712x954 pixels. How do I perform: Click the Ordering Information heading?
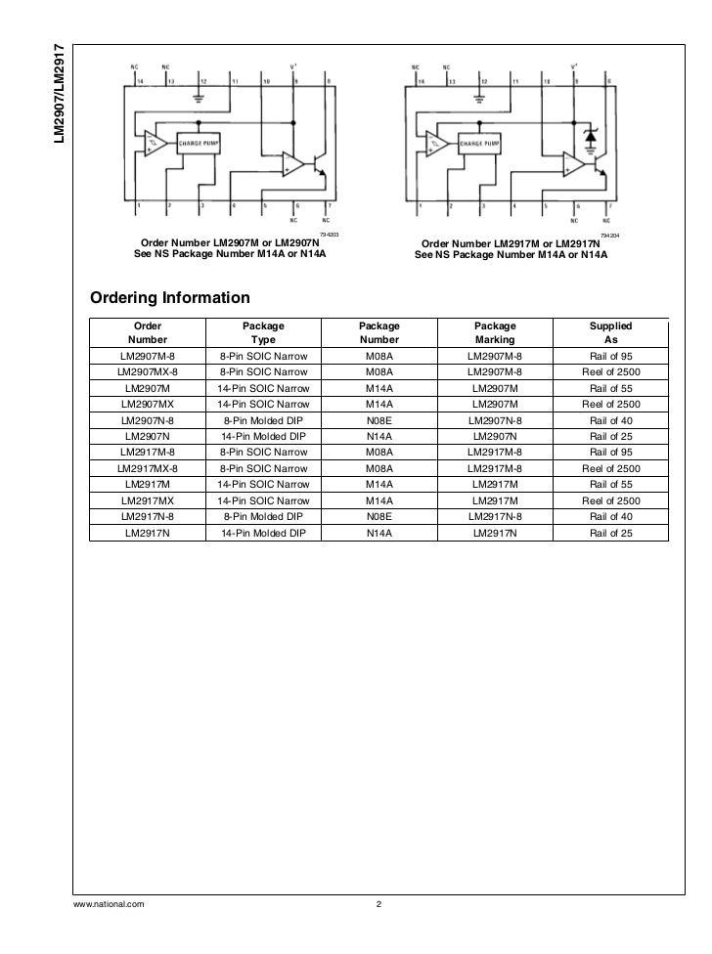(170, 297)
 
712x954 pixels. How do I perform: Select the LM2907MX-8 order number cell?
(148, 372)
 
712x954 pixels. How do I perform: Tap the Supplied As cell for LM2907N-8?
(611, 419)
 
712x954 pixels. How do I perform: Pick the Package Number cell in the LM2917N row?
(378, 533)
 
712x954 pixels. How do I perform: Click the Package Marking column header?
(495, 333)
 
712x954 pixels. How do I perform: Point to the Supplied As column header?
(611, 333)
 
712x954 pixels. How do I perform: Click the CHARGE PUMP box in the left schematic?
(198, 143)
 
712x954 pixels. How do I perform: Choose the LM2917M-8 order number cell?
(148, 452)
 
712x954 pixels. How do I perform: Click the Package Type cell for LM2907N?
(264, 435)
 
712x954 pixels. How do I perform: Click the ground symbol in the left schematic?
(200, 97)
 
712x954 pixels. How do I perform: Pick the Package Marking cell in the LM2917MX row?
(495, 500)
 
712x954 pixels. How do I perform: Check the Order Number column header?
(148, 333)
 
